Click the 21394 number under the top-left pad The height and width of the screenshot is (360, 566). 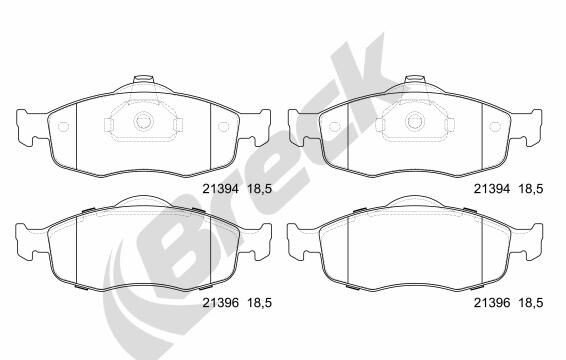[220, 189]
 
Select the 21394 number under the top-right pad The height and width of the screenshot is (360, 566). [492, 189]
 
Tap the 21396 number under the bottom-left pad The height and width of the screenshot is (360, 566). [220, 303]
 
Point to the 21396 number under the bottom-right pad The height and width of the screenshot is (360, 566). [492, 303]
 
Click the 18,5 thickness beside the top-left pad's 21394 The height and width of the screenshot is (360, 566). [259, 189]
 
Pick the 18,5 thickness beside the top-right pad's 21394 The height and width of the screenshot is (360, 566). [531, 189]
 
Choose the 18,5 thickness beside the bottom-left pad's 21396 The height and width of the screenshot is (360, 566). [259, 303]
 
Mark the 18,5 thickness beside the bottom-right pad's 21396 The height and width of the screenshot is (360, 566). [531, 303]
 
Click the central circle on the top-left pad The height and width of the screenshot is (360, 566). [144, 121]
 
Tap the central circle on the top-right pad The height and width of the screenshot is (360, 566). [415, 121]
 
